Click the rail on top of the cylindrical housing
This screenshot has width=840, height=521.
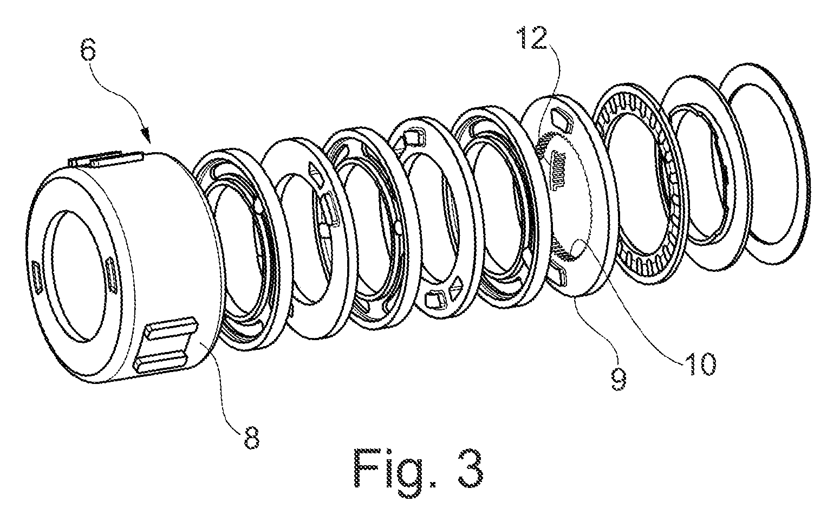106,159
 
